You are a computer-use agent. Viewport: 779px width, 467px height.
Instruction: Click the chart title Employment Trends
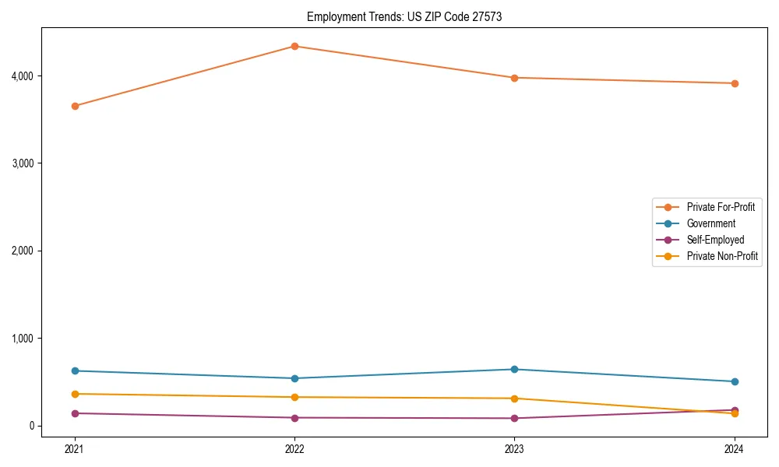[404, 16]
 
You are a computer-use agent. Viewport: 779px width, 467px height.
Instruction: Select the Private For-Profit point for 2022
[294, 46]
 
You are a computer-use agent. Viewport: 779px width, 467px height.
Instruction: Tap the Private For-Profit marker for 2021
[75, 106]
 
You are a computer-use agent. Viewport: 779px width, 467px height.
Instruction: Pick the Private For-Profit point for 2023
[514, 78]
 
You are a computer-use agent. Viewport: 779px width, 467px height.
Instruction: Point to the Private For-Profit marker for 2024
[734, 83]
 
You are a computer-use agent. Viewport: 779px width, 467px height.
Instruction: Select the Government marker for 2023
[514, 369]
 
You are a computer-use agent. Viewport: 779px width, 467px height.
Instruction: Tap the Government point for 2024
[734, 381]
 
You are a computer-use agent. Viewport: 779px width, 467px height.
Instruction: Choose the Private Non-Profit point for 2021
[75, 394]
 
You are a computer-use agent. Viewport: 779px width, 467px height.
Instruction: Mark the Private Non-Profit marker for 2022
[294, 397]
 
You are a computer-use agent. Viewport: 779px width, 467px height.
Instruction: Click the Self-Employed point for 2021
[75, 413]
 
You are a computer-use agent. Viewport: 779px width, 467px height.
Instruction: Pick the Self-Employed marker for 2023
[514, 418]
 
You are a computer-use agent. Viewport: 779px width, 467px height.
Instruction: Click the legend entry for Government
[710, 223]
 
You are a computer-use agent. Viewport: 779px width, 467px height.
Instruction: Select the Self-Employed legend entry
[715, 240]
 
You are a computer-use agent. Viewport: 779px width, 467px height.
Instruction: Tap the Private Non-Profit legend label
[722, 256]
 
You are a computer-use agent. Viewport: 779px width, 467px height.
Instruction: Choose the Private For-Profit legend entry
[721, 207]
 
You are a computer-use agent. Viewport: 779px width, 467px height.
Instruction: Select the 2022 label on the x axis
[294, 448]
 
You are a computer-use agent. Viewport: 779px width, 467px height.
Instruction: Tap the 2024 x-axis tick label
[734, 448]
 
